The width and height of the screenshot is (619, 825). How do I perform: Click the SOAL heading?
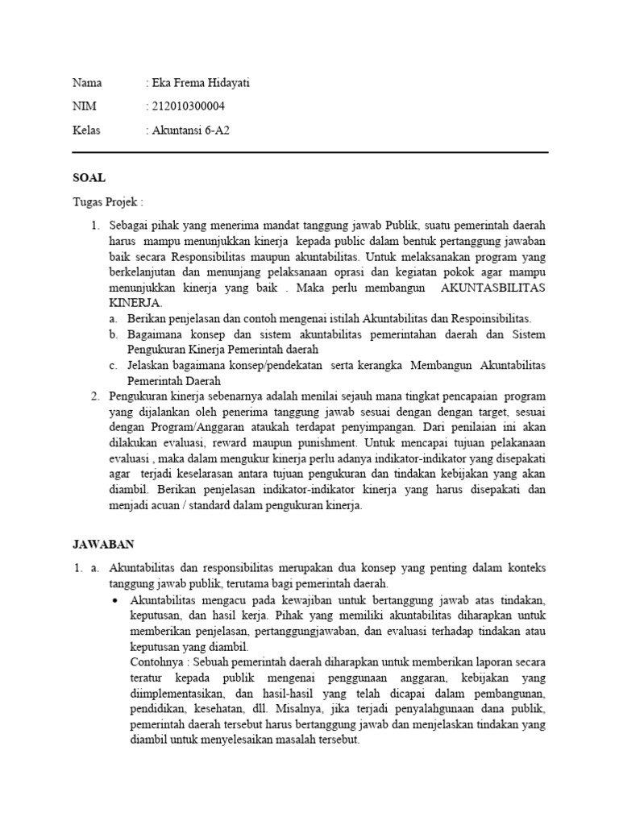tap(89, 177)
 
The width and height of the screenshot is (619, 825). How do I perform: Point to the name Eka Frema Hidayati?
tap(201, 83)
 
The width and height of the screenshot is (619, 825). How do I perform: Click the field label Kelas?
tap(87, 130)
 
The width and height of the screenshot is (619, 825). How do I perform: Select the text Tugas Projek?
tap(105, 201)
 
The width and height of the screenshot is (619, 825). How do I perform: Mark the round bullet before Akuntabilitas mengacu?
tap(118, 602)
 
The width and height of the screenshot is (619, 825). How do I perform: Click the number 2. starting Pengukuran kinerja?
tap(95, 396)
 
